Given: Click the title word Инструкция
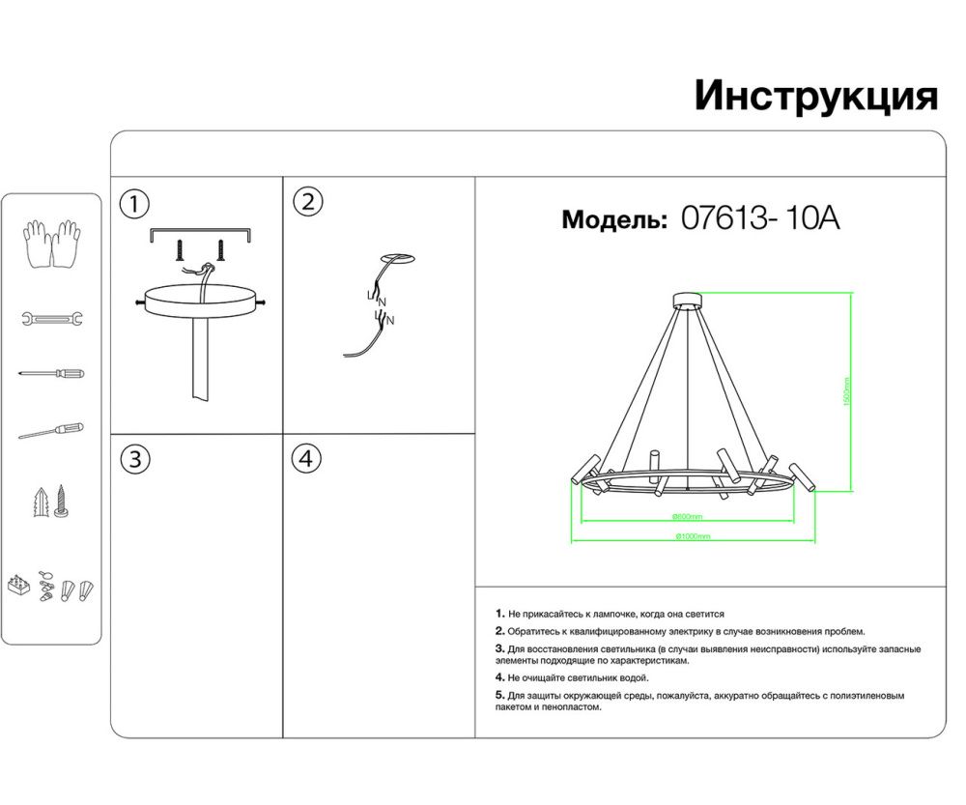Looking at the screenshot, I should [x=815, y=97].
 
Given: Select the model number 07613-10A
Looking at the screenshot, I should [x=760, y=219].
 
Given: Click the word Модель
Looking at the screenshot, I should [x=614, y=220].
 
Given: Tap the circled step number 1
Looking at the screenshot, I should [x=134, y=204].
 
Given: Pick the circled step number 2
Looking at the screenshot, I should [x=307, y=202].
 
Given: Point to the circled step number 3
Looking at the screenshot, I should [x=134, y=459].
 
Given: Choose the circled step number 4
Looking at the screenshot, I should [x=307, y=459].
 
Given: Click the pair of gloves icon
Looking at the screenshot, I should [x=51, y=244].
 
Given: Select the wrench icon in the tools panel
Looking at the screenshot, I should [x=51, y=318].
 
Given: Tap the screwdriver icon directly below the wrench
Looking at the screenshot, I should [x=51, y=373].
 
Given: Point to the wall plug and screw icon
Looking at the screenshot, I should [x=51, y=502].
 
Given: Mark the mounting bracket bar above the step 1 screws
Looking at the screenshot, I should [x=201, y=233].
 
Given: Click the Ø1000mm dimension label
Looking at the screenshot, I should [x=692, y=536].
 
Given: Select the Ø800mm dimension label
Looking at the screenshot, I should [x=688, y=517].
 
